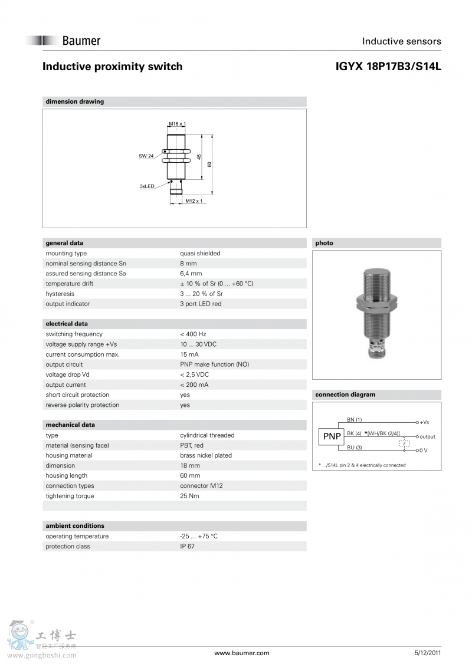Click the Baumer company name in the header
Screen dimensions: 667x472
pyautogui.click(x=81, y=41)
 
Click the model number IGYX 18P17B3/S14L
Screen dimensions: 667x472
pyautogui.click(x=388, y=67)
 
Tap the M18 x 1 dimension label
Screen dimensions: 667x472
pyautogui.click(x=177, y=124)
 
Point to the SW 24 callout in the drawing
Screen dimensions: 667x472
pyautogui.click(x=146, y=156)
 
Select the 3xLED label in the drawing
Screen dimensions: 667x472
pyautogui.click(x=147, y=186)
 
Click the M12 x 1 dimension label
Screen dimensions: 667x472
pyautogui.click(x=194, y=201)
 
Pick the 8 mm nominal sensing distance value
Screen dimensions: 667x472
pyautogui.click(x=188, y=264)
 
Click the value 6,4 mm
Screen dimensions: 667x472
pyautogui.click(x=191, y=274)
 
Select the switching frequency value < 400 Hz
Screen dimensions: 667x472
pyautogui.click(x=193, y=334)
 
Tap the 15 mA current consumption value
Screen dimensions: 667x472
pyautogui.click(x=189, y=354)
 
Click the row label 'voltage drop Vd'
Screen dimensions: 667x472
pyautogui.click(x=68, y=374)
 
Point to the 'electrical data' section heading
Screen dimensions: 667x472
pyautogui.click(x=67, y=324)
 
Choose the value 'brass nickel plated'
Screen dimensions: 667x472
pyautogui.click(x=206, y=455)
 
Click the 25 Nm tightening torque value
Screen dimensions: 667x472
pyautogui.click(x=189, y=496)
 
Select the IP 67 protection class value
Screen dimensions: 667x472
pyautogui.click(x=187, y=546)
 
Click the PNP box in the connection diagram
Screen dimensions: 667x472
pyautogui.click(x=332, y=436)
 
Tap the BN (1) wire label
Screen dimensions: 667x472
pyautogui.click(x=354, y=420)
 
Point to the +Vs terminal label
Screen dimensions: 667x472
pyautogui.click(x=424, y=422)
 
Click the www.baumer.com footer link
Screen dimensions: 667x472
pyautogui.click(x=241, y=653)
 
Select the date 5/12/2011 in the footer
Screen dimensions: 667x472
pyautogui.click(x=428, y=653)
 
